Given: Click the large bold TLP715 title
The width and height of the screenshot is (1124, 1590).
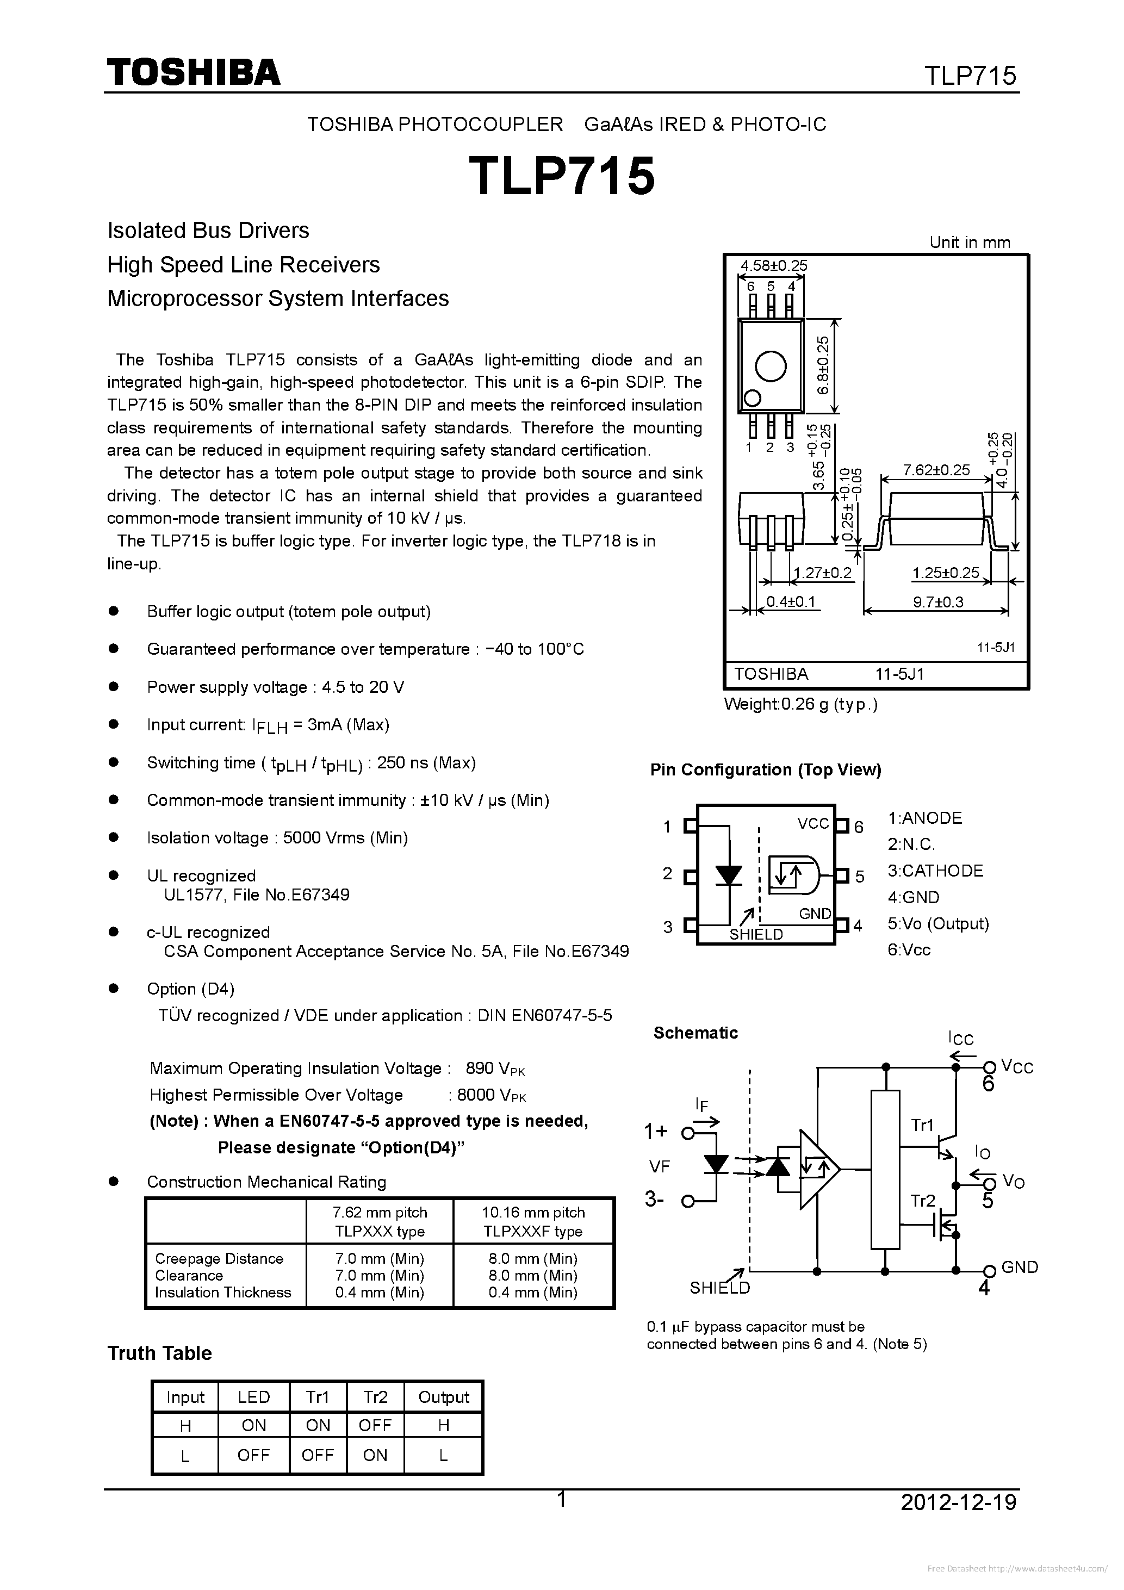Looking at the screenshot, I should point(562,176).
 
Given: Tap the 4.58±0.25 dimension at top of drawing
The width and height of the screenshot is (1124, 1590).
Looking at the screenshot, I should point(774,265).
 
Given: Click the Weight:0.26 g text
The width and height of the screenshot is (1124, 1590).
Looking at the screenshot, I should point(800,704).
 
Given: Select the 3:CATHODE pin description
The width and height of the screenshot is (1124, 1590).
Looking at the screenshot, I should point(935,871).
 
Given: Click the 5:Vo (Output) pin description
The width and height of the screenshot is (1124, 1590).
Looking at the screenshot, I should point(937,923).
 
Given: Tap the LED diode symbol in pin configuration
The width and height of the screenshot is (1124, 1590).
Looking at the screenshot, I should point(729,876).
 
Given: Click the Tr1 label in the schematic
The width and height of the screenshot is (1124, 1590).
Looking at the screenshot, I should point(922,1125).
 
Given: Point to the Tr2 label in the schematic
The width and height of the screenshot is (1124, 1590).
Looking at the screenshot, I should point(922,1201).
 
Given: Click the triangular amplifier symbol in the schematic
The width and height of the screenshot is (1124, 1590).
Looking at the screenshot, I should point(817,1170).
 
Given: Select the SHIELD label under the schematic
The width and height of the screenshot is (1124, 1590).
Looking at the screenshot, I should point(719,1287).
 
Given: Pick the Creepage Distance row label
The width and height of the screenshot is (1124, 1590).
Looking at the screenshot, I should point(219,1258).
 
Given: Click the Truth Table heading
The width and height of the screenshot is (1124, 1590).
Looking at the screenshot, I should point(159,1352).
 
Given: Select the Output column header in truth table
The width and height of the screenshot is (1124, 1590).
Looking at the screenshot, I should point(443,1397).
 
